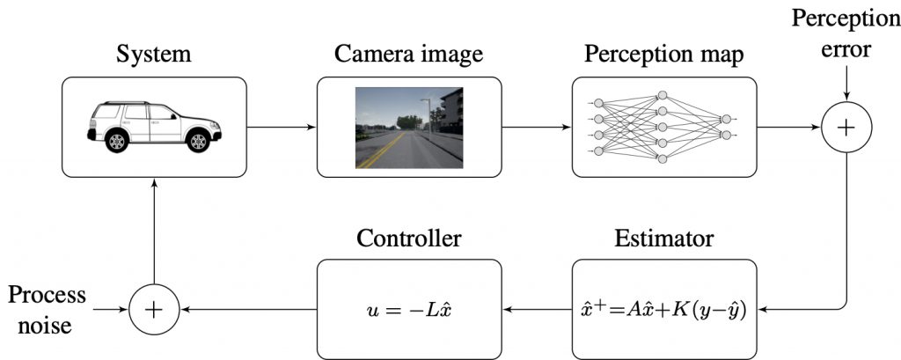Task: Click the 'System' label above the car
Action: click(x=155, y=55)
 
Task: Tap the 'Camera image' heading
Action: click(x=408, y=55)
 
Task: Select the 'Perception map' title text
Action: click(x=663, y=55)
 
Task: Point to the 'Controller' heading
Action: click(x=408, y=239)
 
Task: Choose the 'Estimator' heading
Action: click(x=663, y=239)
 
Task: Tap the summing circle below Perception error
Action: click(x=845, y=128)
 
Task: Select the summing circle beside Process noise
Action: click(x=153, y=309)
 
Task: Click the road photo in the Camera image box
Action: click(x=408, y=127)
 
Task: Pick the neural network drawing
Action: click(x=663, y=127)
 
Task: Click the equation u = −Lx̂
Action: click(x=408, y=310)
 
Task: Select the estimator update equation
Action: click(x=663, y=311)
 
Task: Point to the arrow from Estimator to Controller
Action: click(x=536, y=309)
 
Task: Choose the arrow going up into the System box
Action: click(x=154, y=229)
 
